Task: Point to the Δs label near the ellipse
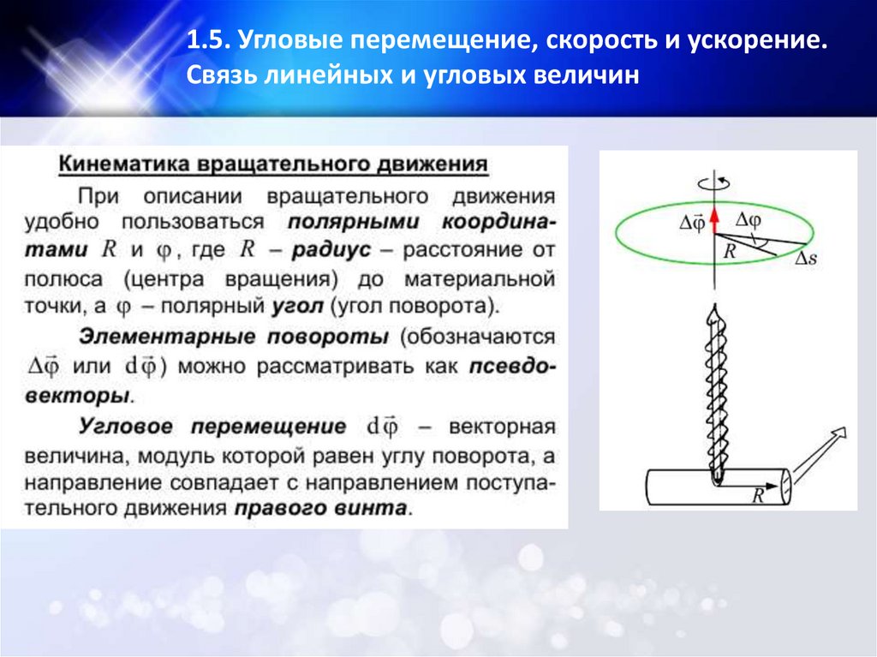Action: click(x=807, y=258)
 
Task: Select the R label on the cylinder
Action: click(x=757, y=494)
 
